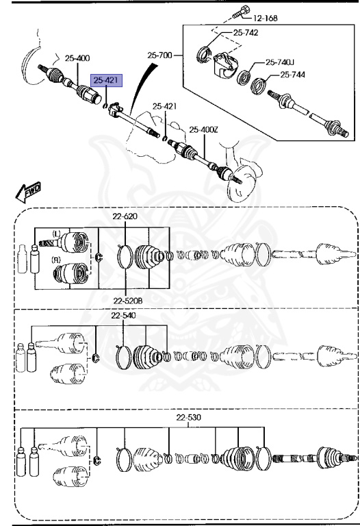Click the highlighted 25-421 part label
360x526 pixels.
pyautogui.click(x=107, y=81)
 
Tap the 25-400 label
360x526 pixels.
pyautogui.click(x=77, y=58)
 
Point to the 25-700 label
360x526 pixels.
pyautogui.click(x=159, y=54)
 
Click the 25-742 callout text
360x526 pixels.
pyautogui.click(x=245, y=32)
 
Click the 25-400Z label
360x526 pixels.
pyautogui.click(x=203, y=129)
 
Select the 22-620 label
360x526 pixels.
pyautogui.click(x=125, y=216)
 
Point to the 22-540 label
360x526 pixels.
pyautogui.click(x=124, y=316)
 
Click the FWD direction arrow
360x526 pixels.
pyautogui.click(x=29, y=191)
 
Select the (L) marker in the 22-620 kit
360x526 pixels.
pyautogui.click(x=55, y=234)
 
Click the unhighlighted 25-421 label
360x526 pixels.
pyautogui.click(x=164, y=106)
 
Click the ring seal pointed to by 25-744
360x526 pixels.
pyautogui.click(x=259, y=86)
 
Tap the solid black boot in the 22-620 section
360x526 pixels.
pyautogui.click(x=148, y=260)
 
